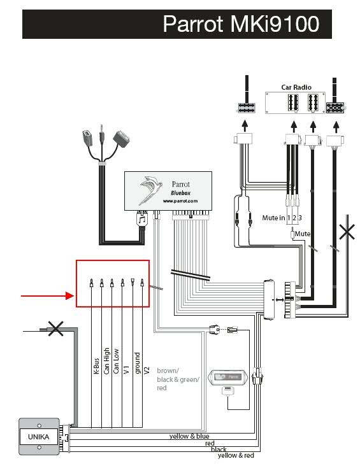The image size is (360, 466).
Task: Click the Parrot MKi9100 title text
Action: [x=241, y=24]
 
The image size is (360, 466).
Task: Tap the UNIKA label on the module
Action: [x=39, y=437]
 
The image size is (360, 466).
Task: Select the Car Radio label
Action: [x=296, y=87]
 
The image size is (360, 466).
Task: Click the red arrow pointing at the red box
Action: [x=48, y=296]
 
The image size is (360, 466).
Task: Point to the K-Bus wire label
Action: [x=96, y=365]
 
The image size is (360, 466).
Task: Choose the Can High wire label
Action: [x=106, y=361]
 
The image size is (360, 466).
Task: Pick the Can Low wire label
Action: [x=116, y=361]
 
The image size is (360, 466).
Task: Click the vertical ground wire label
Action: [x=137, y=363]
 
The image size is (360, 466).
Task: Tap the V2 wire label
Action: [x=147, y=371]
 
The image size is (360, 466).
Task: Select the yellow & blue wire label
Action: [x=189, y=436]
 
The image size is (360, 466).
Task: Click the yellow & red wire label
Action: [x=236, y=455]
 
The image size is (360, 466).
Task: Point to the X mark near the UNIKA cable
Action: [x=55, y=328]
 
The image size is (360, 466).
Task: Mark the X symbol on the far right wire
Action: [x=347, y=232]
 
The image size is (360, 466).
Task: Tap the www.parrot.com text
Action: [x=180, y=201]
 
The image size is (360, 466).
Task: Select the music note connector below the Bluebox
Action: [x=142, y=220]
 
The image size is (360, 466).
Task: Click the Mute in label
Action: [x=273, y=218]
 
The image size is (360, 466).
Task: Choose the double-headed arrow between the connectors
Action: [x=280, y=300]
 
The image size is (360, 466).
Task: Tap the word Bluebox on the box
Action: [x=180, y=193]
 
